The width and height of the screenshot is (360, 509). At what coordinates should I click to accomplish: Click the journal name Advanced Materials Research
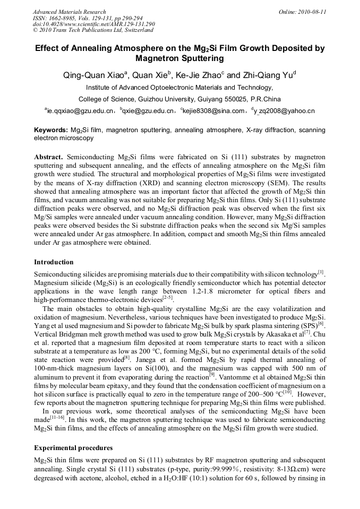tap(69, 12)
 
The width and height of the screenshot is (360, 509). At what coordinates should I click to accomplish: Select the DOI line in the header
tap(93, 24)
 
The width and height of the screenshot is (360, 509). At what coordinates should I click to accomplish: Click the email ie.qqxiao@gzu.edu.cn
tap(81, 111)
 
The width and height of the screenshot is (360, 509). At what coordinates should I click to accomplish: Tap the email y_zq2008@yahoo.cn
tap(285, 111)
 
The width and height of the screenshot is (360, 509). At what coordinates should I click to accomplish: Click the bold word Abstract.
tap(49, 158)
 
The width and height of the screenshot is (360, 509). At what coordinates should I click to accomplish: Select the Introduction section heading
tap(54, 262)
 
